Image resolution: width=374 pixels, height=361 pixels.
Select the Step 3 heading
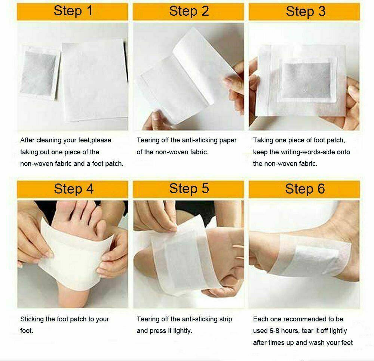click(x=305, y=11)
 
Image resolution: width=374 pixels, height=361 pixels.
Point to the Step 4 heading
click(x=73, y=189)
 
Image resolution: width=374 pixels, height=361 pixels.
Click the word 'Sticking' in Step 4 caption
click(x=32, y=319)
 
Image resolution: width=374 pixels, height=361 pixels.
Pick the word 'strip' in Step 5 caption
click(x=224, y=319)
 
